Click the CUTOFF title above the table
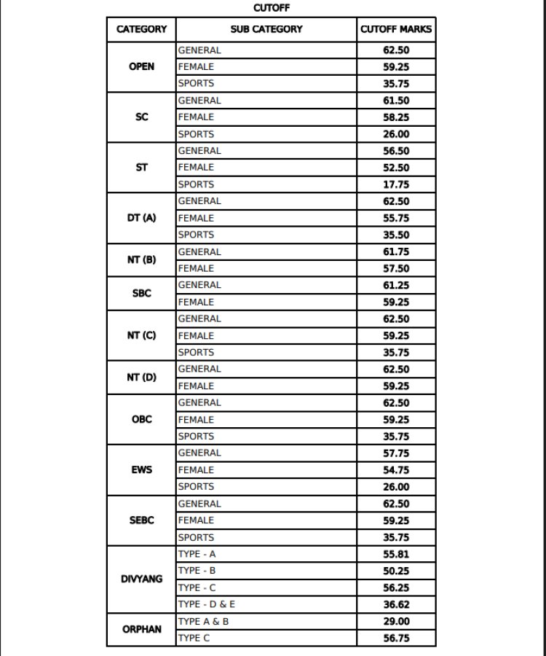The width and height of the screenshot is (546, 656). pyautogui.click(x=271, y=8)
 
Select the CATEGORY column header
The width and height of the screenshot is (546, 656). pyautogui.click(x=141, y=29)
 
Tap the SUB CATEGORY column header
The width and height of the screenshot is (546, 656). pyautogui.click(x=266, y=29)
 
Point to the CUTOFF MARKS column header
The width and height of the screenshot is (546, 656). pyautogui.click(x=396, y=29)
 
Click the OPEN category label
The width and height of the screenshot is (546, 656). pyautogui.click(x=141, y=66)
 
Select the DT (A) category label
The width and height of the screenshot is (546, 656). pyautogui.click(x=141, y=218)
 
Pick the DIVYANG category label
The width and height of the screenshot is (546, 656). pyautogui.click(x=141, y=579)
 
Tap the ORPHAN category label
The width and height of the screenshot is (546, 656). pyautogui.click(x=141, y=629)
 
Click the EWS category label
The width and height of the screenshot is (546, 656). pyautogui.click(x=141, y=469)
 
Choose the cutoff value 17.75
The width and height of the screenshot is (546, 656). pyautogui.click(x=396, y=184)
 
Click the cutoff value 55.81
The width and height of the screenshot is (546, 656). pyautogui.click(x=396, y=554)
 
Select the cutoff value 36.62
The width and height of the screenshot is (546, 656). pyautogui.click(x=396, y=604)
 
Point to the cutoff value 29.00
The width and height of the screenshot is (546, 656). pyautogui.click(x=396, y=621)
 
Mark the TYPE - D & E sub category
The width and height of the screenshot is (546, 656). pyautogui.click(x=207, y=604)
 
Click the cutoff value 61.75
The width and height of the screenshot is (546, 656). pyautogui.click(x=396, y=251)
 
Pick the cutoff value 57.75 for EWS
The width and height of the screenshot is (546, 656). pyautogui.click(x=396, y=453)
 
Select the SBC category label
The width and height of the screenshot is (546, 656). pyautogui.click(x=141, y=293)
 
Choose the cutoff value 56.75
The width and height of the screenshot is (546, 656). pyautogui.click(x=396, y=638)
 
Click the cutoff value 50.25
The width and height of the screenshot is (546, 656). pyautogui.click(x=396, y=571)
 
